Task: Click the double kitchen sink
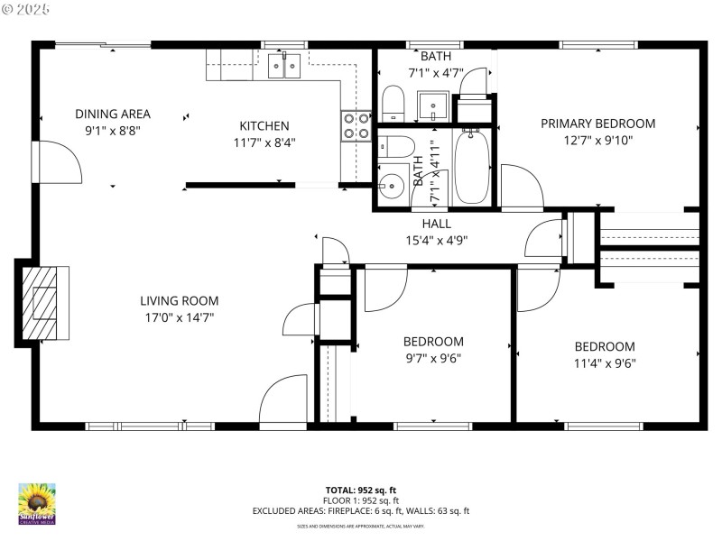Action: click(284, 66)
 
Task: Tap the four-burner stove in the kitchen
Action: click(356, 125)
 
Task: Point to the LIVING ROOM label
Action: click(179, 301)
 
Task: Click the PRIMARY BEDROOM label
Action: click(597, 124)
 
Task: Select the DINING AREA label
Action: click(113, 115)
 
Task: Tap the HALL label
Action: click(436, 224)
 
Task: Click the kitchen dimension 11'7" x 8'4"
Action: click(264, 142)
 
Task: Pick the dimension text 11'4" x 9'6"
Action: click(605, 363)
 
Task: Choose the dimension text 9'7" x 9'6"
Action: click(433, 358)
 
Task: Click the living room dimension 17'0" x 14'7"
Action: click(179, 317)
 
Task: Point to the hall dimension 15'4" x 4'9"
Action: click(436, 240)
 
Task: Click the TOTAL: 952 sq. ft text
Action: click(361, 491)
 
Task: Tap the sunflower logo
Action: click(37, 503)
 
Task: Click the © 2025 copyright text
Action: click(26, 9)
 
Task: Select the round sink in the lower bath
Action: click(391, 188)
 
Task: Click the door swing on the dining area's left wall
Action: click(60, 162)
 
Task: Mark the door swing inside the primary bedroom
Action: click(521, 186)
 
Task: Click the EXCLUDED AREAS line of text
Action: click(361, 511)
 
